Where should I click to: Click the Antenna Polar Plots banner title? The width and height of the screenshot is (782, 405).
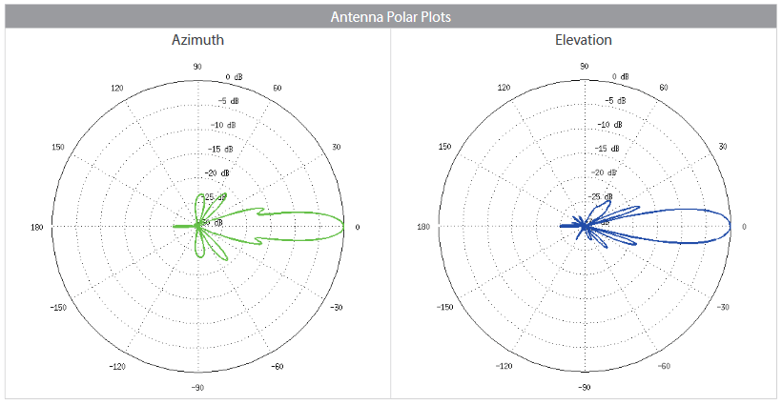[x=390, y=17]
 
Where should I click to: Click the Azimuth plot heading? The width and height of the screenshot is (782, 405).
[x=197, y=40]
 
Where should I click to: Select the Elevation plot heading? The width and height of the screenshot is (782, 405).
[x=584, y=40]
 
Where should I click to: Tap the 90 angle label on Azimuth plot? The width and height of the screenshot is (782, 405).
[x=197, y=67]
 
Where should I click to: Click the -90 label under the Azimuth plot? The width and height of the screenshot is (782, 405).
[x=197, y=388]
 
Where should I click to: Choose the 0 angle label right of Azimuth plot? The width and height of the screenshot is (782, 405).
[x=358, y=227]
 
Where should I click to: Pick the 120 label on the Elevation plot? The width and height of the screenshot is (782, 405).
[x=504, y=88]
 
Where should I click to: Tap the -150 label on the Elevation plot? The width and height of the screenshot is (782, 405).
[x=445, y=308]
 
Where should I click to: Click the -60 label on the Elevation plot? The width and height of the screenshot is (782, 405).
[x=665, y=366]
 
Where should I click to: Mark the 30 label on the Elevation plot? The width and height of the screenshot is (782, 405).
[x=722, y=147]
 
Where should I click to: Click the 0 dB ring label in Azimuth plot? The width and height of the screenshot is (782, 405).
[x=234, y=77]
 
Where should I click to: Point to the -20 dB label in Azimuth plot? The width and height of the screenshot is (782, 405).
[x=219, y=172]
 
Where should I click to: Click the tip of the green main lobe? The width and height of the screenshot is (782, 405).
[x=345, y=226]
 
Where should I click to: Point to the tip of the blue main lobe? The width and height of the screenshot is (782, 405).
[x=731, y=227]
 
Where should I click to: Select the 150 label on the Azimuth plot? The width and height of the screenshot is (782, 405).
[x=58, y=147]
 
